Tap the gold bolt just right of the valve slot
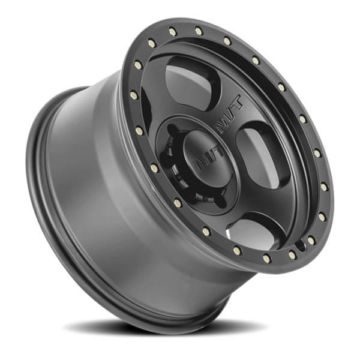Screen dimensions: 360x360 292,255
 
